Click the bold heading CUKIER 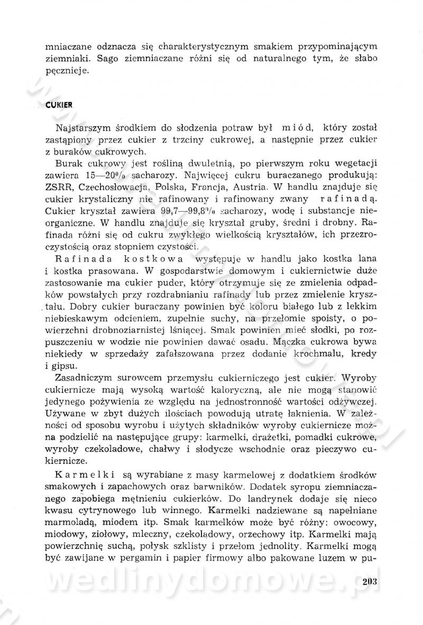coord(59,105)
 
